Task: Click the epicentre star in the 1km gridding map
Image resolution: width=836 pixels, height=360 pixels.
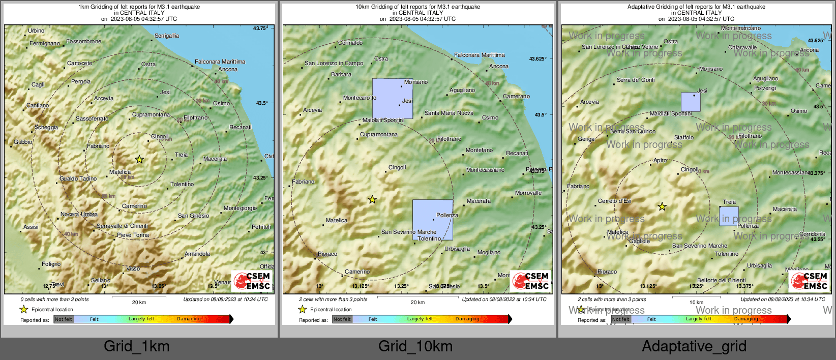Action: pyautogui.click(x=139, y=160)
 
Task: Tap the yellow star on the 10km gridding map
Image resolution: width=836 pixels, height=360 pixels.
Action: pyautogui.click(x=372, y=200)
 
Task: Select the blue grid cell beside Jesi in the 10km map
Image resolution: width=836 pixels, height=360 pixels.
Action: pyautogui.click(x=393, y=99)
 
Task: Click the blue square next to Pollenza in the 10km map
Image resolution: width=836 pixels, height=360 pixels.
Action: pyautogui.click(x=432, y=220)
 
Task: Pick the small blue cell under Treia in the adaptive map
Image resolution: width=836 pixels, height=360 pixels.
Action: pyautogui.click(x=729, y=216)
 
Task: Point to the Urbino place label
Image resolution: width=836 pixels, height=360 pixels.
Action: pyautogui.click(x=36, y=31)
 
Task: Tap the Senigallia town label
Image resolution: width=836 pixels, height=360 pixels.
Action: pyautogui.click(x=167, y=36)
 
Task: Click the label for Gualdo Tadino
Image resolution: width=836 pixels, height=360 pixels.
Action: pyautogui.click(x=78, y=178)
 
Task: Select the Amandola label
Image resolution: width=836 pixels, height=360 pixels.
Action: pyautogui.click(x=197, y=254)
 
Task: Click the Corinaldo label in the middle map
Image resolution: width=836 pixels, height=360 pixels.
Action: pyautogui.click(x=350, y=43)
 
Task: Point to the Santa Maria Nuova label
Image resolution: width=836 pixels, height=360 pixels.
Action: pyautogui.click(x=449, y=113)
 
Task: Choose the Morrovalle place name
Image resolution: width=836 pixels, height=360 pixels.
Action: pyautogui.click(x=528, y=193)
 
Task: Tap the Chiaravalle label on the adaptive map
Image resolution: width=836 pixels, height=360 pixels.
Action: pyautogui.click(x=742, y=48)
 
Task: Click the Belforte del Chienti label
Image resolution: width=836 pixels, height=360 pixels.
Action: pyautogui.click(x=722, y=280)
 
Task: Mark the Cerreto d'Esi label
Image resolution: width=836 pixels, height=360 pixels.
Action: pyautogui.click(x=615, y=201)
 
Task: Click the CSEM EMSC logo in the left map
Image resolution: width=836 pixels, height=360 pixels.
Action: pyautogui.click(x=252, y=281)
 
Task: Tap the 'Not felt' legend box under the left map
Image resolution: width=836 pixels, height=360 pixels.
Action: pyautogui.click(x=64, y=319)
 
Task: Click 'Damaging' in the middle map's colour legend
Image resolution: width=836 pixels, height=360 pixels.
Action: pyautogui.click(x=467, y=319)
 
